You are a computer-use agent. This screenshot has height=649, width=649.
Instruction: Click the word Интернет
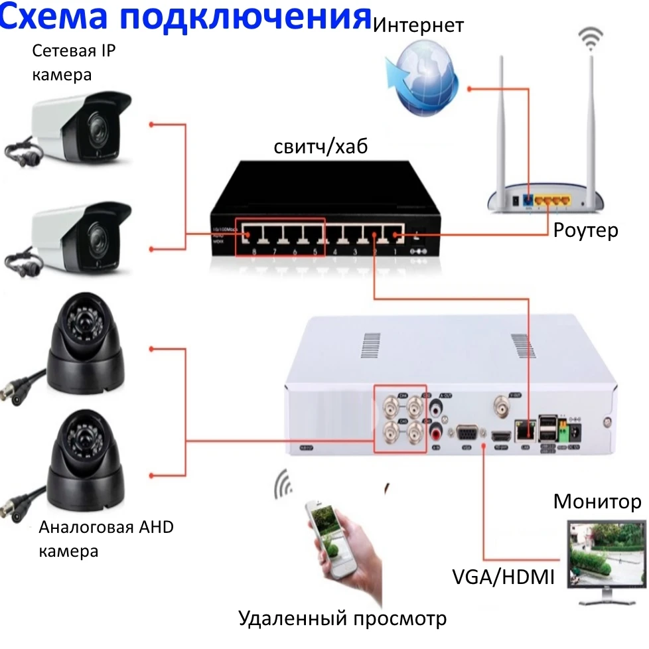(x=418, y=27)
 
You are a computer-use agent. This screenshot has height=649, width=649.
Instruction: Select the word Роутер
(x=586, y=230)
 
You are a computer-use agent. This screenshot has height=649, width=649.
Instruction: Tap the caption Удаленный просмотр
(x=342, y=618)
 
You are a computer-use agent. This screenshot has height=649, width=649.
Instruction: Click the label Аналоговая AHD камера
(x=106, y=539)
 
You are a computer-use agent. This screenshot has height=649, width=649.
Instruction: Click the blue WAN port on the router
(x=528, y=198)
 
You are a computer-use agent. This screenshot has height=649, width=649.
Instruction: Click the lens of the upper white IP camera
(x=95, y=127)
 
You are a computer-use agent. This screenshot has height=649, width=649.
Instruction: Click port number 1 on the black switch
(x=396, y=236)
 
